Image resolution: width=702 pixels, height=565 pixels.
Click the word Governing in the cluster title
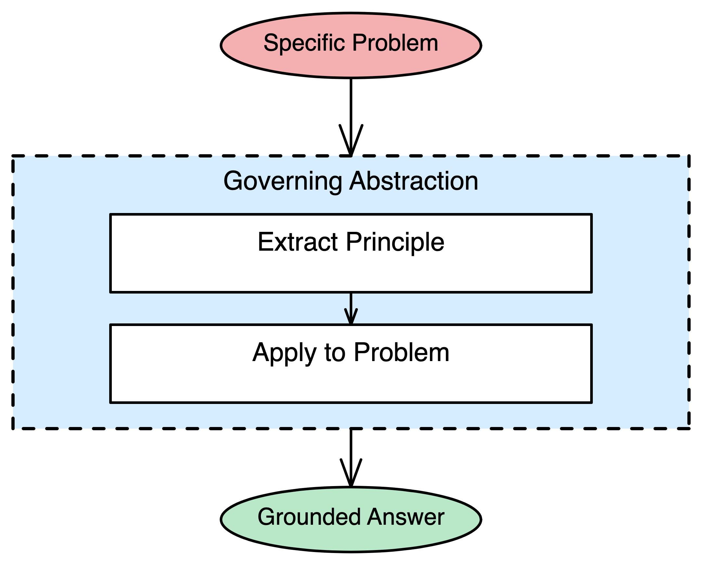(x=283, y=181)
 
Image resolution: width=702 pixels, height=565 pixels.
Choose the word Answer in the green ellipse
(x=406, y=517)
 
